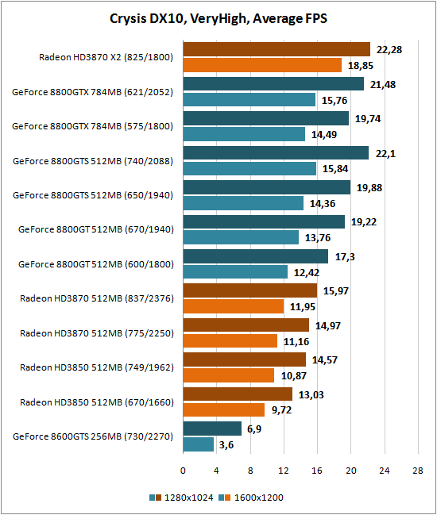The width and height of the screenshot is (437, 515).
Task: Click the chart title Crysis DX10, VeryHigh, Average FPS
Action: point(218,18)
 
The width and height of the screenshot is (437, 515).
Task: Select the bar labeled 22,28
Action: point(277,49)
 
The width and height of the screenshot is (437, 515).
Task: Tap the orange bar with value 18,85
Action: point(262,65)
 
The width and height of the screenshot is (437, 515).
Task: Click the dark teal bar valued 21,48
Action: point(273,83)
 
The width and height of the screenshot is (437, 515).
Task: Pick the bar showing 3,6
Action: point(199,444)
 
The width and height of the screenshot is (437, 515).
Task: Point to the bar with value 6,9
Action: point(212,429)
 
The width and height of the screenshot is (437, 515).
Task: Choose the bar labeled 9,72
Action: point(224,410)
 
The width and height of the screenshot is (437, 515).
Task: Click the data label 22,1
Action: point(385,153)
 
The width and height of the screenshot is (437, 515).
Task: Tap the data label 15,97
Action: point(336,291)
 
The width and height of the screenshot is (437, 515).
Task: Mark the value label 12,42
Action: point(307,273)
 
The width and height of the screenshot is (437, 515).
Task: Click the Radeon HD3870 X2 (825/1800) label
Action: point(106,57)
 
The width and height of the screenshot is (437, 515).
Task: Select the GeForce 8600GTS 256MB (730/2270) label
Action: point(93,436)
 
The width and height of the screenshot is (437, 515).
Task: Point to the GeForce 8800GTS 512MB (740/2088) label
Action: point(93,161)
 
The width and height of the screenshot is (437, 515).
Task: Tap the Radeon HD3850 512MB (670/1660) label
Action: point(97,402)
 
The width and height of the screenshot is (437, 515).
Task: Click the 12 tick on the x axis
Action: point(284,471)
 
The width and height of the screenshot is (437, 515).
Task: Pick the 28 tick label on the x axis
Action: point(418,471)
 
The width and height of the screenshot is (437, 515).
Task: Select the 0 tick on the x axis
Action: point(183,471)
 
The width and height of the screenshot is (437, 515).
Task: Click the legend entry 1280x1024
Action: point(181,498)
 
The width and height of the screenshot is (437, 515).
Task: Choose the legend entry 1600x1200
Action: point(251,498)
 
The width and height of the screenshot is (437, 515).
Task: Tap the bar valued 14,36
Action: point(243,203)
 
